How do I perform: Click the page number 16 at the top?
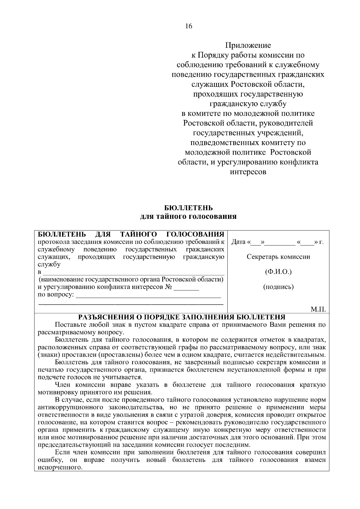pos(189,26)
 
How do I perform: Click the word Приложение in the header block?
pos(248,45)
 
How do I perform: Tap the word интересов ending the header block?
pos(248,172)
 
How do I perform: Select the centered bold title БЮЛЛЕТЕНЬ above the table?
pos(189,208)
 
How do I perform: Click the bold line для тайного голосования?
pos(189,216)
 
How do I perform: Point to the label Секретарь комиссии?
pos(278,257)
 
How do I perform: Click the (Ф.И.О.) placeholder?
pos(278,272)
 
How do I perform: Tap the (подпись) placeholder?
pos(278,287)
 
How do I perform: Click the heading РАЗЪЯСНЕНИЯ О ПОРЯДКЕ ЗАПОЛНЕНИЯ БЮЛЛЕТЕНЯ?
pos(182,317)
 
